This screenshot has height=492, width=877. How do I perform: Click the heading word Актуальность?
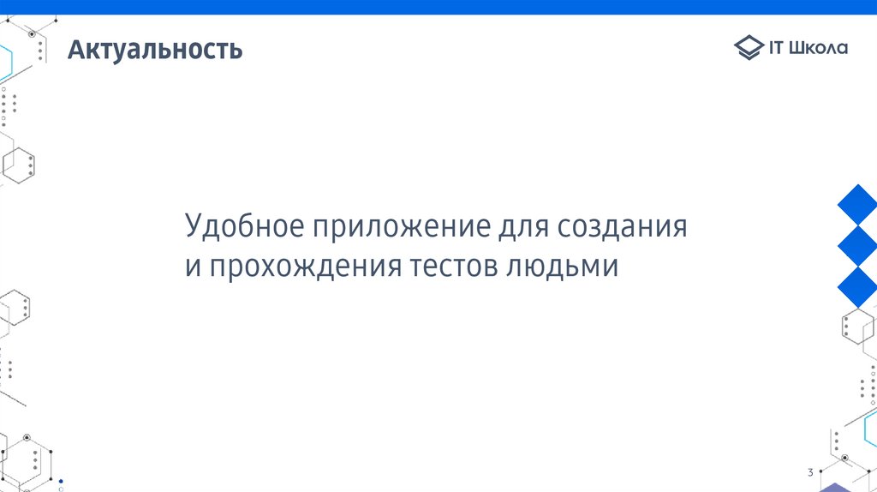pyautogui.click(x=156, y=50)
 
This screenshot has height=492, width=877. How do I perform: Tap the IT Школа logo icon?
pyautogui.click(x=748, y=48)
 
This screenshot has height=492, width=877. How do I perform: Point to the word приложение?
pyautogui.click(x=400, y=228)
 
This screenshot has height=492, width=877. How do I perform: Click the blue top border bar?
pyautogui.click(x=438, y=7)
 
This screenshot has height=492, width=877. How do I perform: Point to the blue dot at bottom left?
pyautogui.click(x=61, y=482)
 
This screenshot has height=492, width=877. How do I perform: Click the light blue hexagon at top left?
pyautogui.click(x=5, y=62)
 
